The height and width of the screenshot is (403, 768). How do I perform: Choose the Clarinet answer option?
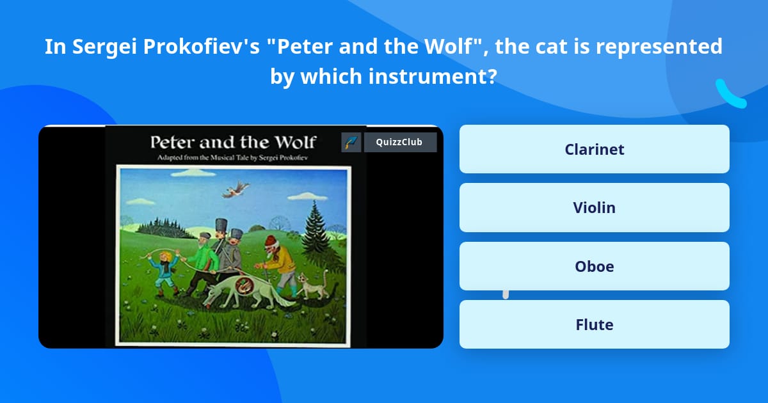594,149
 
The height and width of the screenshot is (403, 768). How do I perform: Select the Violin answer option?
594,207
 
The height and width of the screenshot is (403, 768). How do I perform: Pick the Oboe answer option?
594,266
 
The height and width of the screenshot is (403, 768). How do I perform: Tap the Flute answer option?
594,324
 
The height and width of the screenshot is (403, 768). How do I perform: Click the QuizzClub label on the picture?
399,142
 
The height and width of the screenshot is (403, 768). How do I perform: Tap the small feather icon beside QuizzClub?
351,142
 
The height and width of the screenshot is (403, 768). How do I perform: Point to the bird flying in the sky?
236,188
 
